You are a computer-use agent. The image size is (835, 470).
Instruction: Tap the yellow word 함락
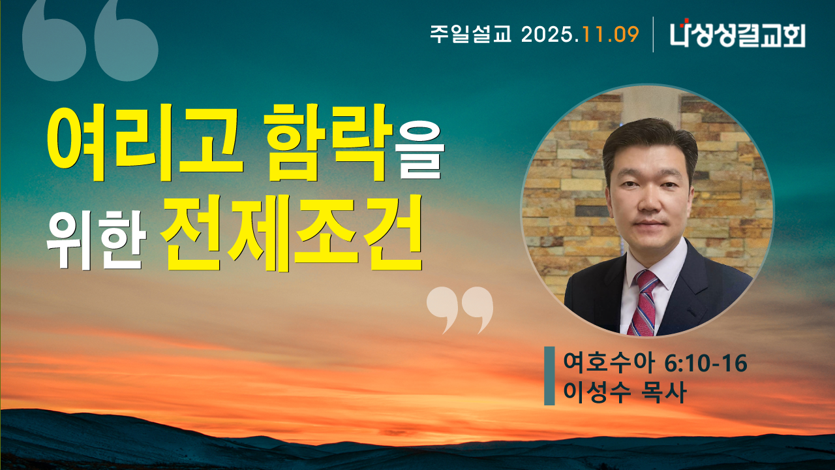point(332,142)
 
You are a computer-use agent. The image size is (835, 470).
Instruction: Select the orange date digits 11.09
point(611,34)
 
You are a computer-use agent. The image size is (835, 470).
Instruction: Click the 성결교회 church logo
point(737,34)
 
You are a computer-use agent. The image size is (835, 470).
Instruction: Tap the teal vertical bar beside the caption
point(549,376)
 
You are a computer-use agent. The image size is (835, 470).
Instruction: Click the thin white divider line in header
point(653,34)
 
